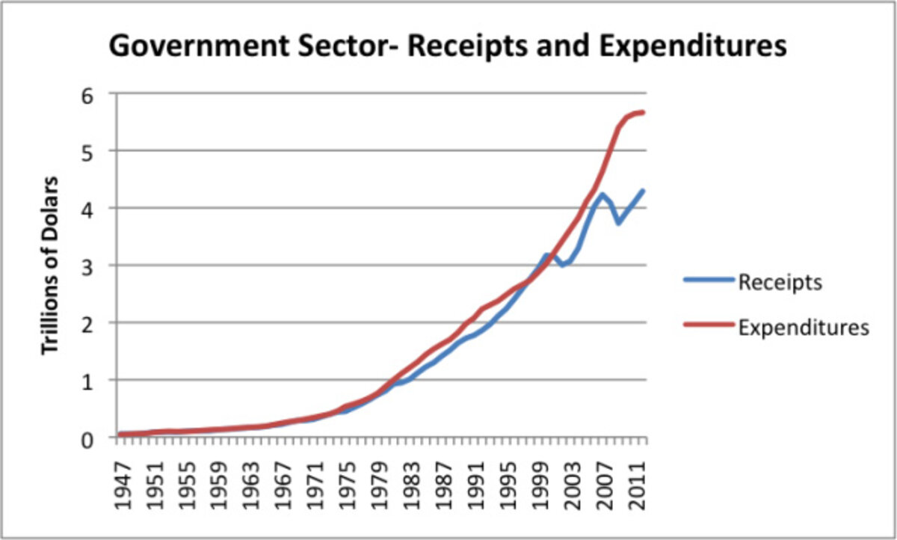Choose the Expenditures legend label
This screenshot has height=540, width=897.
[x=803, y=327]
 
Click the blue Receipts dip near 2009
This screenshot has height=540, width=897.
[x=618, y=223]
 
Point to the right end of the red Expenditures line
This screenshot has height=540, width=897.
[x=643, y=112]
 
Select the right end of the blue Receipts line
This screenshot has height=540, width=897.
[x=643, y=191]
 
